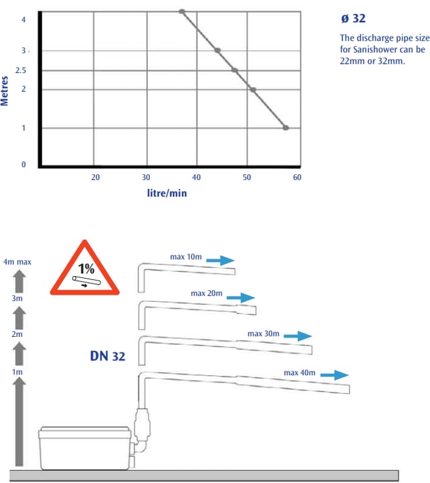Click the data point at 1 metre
[x=286, y=128]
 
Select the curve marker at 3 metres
[x=217, y=50]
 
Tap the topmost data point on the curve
[x=182, y=11]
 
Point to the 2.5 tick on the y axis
[x=21, y=70]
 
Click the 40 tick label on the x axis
[x=196, y=178]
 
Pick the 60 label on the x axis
[x=297, y=178]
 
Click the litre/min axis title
[x=167, y=193]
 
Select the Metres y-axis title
[x=4, y=91]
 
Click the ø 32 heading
[x=353, y=19]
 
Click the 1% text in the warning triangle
[x=86, y=269]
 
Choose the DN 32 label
[x=108, y=356]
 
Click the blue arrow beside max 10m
[x=220, y=261]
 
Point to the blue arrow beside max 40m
[x=334, y=375]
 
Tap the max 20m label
[x=207, y=293]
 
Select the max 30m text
[x=263, y=334]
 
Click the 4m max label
[x=17, y=262]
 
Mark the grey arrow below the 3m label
[x=19, y=318]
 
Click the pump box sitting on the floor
[x=85, y=448]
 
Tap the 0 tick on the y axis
[x=23, y=165]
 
